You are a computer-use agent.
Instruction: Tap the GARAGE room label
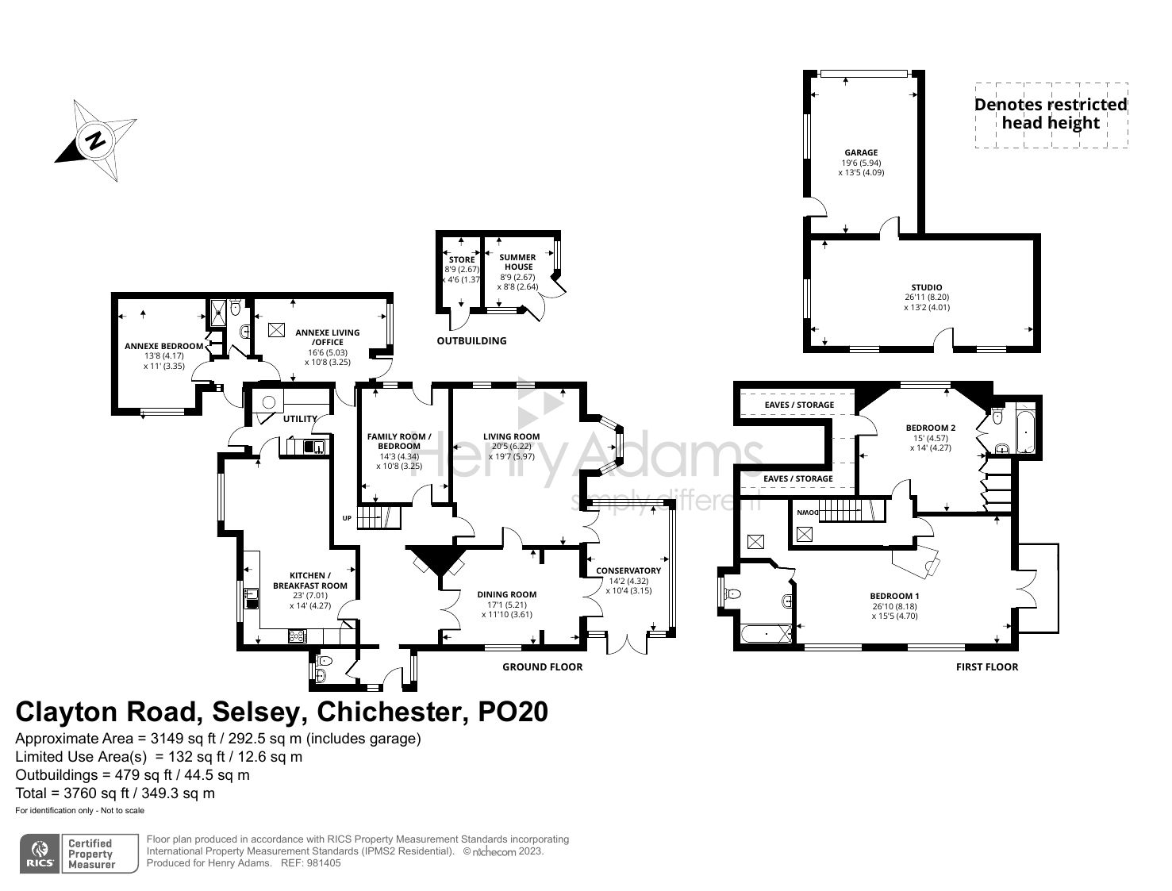click(x=861, y=152)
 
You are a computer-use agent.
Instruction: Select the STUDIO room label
click(x=926, y=287)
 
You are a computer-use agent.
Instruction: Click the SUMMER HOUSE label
click(x=517, y=262)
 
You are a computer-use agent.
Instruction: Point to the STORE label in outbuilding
click(x=462, y=259)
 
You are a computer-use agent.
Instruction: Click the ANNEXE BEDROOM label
click(x=163, y=346)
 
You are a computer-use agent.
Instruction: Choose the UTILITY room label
click(x=300, y=419)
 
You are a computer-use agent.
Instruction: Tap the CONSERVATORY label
click(x=628, y=570)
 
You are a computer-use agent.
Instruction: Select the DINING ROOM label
click(x=506, y=594)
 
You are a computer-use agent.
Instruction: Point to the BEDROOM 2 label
click(x=930, y=428)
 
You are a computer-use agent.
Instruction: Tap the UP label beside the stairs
click(x=346, y=518)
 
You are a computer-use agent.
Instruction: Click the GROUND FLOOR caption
click(x=542, y=666)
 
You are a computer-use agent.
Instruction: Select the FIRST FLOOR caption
click(x=986, y=666)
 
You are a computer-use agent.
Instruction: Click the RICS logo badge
click(x=40, y=854)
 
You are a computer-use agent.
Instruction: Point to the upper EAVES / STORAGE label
click(x=799, y=405)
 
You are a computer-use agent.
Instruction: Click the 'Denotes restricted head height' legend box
click(x=1050, y=114)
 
